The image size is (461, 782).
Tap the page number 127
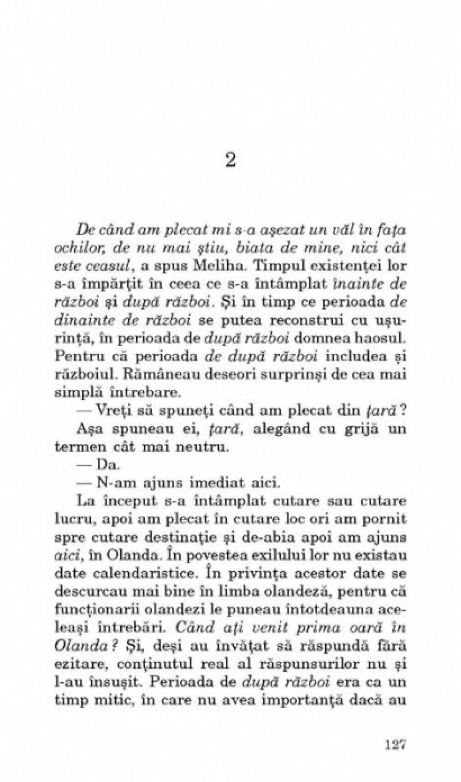point(390,744)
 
